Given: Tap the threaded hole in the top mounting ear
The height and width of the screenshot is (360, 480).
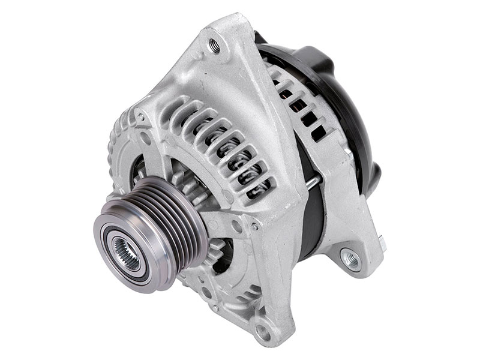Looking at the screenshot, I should pyautogui.click(x=212, y=43).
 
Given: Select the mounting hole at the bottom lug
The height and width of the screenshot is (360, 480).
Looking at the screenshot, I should pyautogui.click(x=262, y=329).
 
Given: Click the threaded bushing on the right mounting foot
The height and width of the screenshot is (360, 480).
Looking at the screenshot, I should pyautogui.click(x=350, y=259).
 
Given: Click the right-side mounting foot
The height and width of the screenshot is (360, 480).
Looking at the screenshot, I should pyautogui.click(x=354, y=252).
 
